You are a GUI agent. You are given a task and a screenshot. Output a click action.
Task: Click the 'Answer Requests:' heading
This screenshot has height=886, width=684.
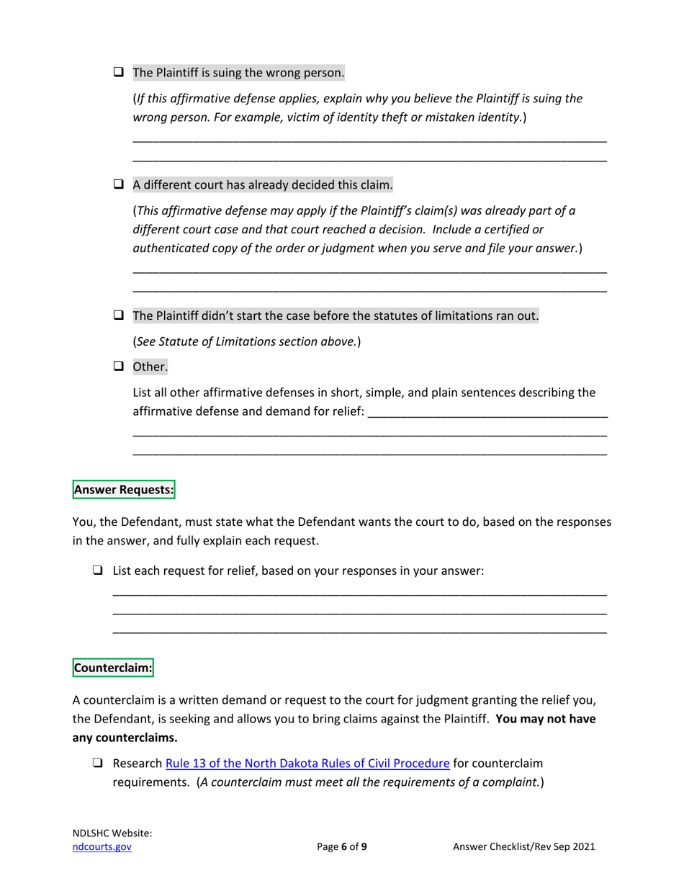coord(124,491)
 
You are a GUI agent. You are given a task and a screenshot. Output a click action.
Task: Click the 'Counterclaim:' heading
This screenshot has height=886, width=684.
coord(113,668)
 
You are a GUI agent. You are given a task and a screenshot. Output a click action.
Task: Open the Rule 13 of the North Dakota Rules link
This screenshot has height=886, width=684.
coord(307,764)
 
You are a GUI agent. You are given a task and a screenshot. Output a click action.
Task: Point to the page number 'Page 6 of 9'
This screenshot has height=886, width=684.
coord(342,848)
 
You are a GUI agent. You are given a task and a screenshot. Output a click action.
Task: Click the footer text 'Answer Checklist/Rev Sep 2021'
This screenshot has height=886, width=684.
coord(523,848)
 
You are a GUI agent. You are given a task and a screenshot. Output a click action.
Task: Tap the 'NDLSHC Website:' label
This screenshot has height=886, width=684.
coord(112,833)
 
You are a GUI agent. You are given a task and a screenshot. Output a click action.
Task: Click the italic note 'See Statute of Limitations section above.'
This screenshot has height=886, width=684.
coord(247,341)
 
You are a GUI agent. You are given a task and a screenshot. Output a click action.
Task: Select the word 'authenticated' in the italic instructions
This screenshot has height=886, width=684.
coord(169,248)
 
